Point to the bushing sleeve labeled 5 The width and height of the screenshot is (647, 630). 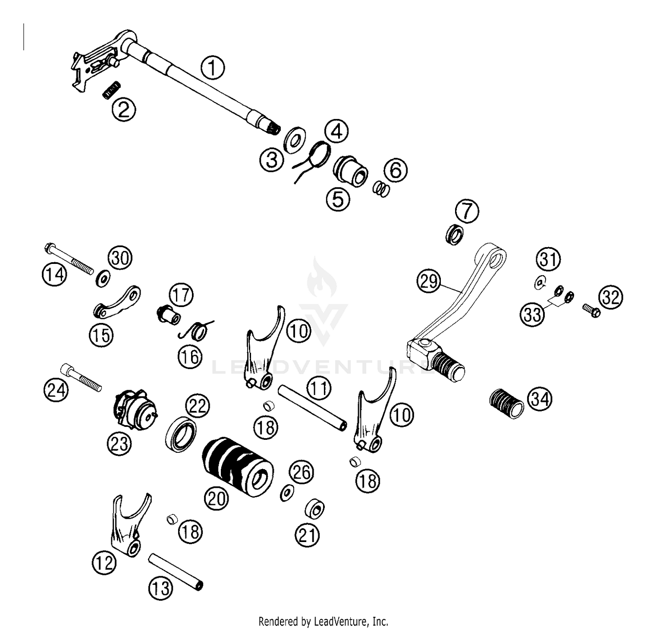click(x=351, y=172)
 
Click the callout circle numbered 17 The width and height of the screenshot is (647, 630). click(x=181, y=295)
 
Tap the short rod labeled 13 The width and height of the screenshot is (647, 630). click(x=176, y=572)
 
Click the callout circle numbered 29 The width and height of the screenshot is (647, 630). click(x=429, y=282)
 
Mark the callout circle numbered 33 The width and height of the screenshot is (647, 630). click(x=532, y=314)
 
